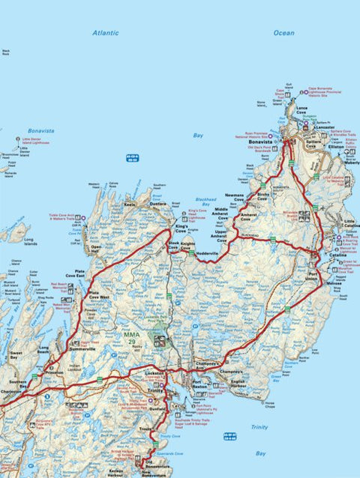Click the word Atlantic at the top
click(x=106, y=33)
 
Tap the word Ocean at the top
click(x=284, y=33)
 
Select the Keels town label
click(x=130, y=204)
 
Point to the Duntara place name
click(x=157, y=204)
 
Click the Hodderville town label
click(x=207, y=253)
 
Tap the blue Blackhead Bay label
click(x=205, y=201)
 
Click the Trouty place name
click(x=166, y=428)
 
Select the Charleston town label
click(x=11, y=391)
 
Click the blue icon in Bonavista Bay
click(x=131, y=157)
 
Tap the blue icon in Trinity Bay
click(x=229, y=436)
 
